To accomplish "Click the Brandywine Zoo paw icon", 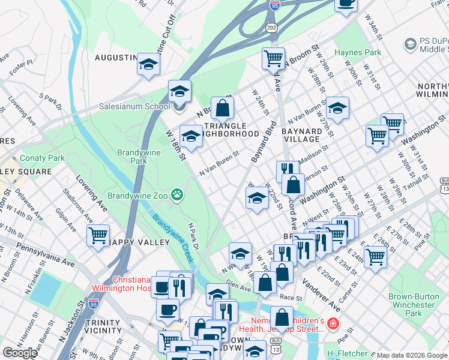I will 176,194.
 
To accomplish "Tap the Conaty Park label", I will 41,158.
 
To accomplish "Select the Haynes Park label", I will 358,53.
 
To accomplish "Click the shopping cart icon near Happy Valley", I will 98,235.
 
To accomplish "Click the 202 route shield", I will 272,28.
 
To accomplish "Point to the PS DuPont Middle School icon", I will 410,44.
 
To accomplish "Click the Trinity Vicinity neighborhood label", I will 103,326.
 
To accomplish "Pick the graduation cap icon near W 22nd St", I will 257,199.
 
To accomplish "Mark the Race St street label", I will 291,297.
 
